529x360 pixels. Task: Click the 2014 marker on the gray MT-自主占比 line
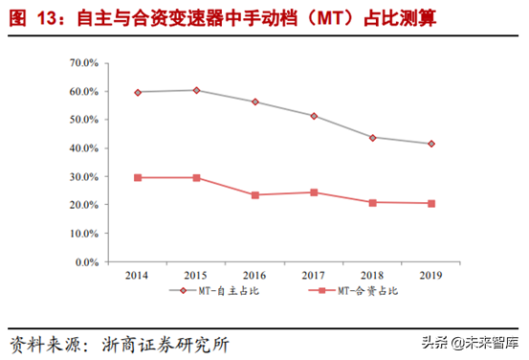coord(138,92)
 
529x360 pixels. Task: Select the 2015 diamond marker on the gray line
coord(196,90)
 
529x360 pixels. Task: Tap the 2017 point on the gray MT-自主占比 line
coord(314,116)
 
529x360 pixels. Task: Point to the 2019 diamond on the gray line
coord(431,144)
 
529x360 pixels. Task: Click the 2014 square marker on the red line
coord(138,177)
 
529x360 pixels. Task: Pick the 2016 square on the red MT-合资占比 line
coord(255,194)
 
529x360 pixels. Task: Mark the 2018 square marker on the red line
coord(373,202)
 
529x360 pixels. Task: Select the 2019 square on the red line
coord(431,203)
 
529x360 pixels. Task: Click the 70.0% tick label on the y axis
coord(85,63)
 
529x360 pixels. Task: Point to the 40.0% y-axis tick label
coord(85,148)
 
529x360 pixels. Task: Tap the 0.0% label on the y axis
coord(88,261)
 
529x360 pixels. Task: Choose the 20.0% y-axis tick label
coord(85,205)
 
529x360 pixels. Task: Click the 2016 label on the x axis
coord(255,274)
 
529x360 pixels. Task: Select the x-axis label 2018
coord(373,274)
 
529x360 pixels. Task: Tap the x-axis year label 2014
coord(138,274)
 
